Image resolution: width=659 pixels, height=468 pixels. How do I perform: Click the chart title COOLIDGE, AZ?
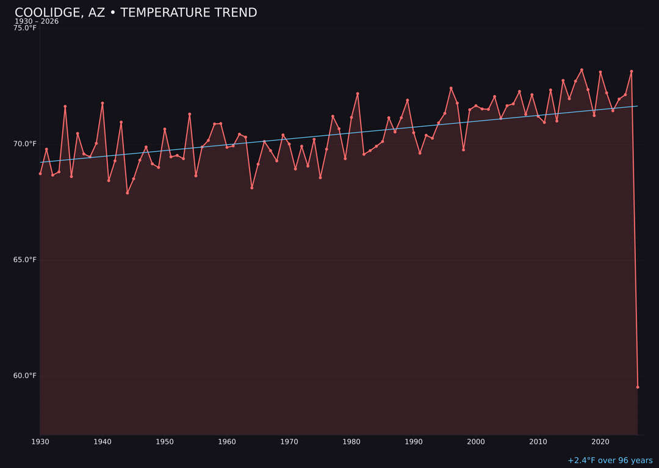pyautogui.click(x=135, y=13)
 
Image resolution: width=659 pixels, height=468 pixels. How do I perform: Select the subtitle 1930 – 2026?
pyautogui.click(x=37, y=22)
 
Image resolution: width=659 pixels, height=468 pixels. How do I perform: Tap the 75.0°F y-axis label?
pyautogui.click(x=25, y=28)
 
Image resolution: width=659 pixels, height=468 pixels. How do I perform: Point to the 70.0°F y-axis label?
pyautogui.click(x=25, y=144)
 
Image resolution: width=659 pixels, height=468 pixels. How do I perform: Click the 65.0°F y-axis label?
pyautogui.click(x=25, y=260)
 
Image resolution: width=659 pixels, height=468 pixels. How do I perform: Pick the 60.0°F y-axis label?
pyautogui.click(x=25, y=375)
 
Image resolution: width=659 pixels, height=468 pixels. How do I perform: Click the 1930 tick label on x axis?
pyautogui.click(x=40, y=442)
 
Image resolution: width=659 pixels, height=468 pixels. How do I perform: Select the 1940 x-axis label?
pyautogui.click(x=103, y=442)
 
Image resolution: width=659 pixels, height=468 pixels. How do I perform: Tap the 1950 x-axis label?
pyautogui.click(x=165, y=442)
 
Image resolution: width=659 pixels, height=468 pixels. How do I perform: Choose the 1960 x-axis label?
pyautogui.click(x=227, y=442)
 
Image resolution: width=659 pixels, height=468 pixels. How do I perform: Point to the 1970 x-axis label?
pyautogui.click(x=289, y=442)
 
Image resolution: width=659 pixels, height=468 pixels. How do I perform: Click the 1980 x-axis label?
pyautogui.click(x=351, y=442)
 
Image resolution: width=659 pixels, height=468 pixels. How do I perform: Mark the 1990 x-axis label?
pyautogui.click(x=414, y=442)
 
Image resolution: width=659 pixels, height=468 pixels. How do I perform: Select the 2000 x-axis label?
pyautogui.click(x=476, y=442)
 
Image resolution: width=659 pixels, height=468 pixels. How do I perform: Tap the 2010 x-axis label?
pyautogui.click(x=538, y=442)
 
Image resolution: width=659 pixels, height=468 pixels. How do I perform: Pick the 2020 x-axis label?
pyautogui.click(x=600, y=442)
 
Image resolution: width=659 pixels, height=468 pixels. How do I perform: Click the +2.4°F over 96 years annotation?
pyautogui.click(x=610, y=461)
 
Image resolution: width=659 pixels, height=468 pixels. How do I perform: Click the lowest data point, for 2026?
pyautogui.click(x=638, y=387)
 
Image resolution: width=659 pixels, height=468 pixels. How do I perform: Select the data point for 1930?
pyautogui.click(x=40, y=174)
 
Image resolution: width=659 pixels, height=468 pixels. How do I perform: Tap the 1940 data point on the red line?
pyautogui.click(x=103, y=104)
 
